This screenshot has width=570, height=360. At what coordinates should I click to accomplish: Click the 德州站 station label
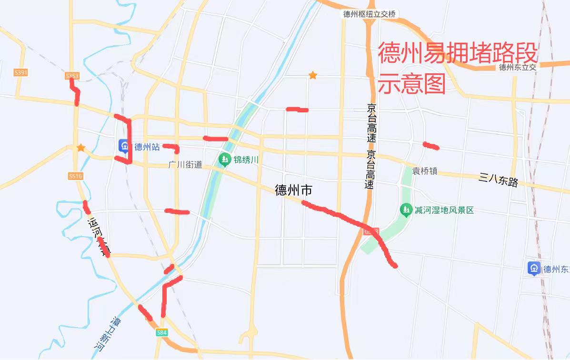pos(147,147)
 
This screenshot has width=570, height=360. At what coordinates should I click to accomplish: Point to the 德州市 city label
pos(294,190)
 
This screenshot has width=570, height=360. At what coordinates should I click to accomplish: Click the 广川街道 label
pos(186,165)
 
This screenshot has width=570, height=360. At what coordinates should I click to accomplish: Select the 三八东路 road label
pos(499,180)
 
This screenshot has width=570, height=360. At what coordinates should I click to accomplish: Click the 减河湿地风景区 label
pos(444,210)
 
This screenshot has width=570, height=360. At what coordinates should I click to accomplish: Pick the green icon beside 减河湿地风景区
pos(406,210)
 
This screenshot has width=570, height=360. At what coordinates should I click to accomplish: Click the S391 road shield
pos(21,72)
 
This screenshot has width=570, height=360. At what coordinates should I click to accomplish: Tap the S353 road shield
pos(72,76)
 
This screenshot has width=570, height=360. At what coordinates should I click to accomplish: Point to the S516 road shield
pos(75,176)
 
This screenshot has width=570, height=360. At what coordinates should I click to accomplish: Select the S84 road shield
pos(162,333)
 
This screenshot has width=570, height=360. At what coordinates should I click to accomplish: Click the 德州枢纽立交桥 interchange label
pos(370,14)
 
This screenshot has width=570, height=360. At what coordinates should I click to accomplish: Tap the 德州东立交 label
pos(518,67)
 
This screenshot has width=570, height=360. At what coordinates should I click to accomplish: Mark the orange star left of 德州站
pos(81,148)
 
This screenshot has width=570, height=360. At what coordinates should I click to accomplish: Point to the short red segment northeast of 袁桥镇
pos(431,146)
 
